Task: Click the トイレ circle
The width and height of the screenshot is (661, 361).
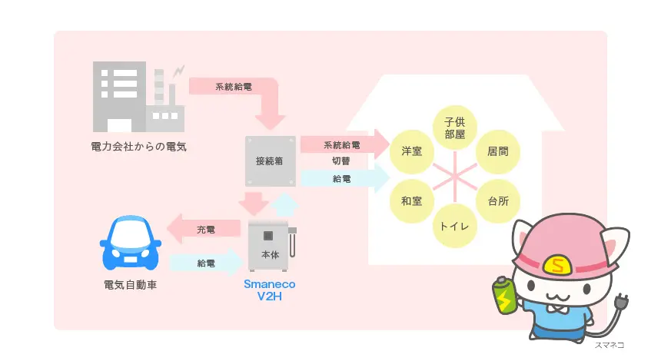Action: [454, 227]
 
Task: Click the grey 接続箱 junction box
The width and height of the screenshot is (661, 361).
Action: [271, 161]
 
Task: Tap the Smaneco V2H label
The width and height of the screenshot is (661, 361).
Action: [269, 289]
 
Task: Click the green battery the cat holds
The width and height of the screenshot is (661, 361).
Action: [504, 296]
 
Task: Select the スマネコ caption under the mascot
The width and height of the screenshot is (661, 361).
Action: [609, 346]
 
